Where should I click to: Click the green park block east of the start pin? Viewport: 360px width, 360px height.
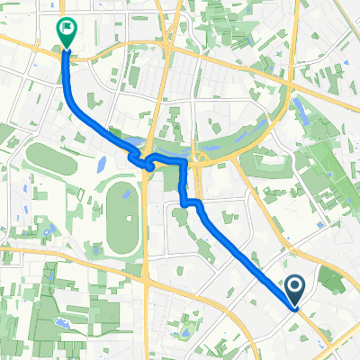330,281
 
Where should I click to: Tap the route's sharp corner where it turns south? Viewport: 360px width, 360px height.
185,162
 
